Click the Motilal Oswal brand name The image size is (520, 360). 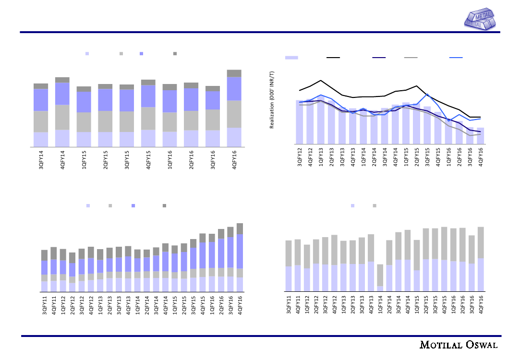coord(459,345)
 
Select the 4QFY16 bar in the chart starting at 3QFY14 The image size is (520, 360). coord(234,108)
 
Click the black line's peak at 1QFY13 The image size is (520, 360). coord(321,80)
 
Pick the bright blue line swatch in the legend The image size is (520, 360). coord(456,58)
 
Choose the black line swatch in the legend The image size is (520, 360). coord(333,58)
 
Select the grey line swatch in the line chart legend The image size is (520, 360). coord(411,58)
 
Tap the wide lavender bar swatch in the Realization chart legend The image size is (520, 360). coord(291,58)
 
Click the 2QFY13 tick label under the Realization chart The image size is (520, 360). coord(332,158)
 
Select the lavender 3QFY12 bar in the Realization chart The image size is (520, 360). coord(300,122)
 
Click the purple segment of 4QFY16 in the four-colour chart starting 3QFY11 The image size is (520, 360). coord(240,251)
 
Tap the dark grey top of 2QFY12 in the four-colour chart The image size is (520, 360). coord(72,258)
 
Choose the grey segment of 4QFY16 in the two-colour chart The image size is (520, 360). coord(481,242)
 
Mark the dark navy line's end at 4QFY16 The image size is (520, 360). coord(481,132)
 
